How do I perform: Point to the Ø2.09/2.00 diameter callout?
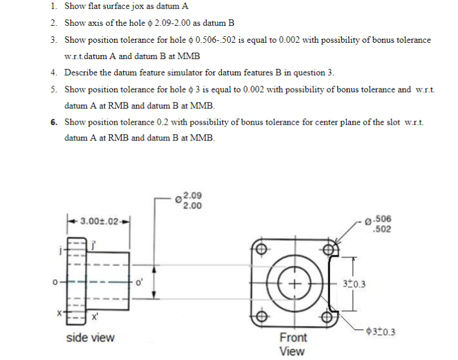pos(190,201)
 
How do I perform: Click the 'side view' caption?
pos(90,338)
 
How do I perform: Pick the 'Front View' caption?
pos(292,344)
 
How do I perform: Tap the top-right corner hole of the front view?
pos(329,250)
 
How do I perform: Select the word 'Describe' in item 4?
pos(82,73)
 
